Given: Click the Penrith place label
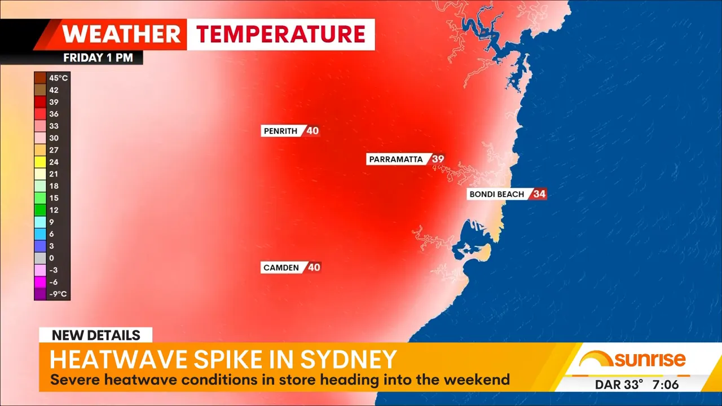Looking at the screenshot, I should click(280, 131).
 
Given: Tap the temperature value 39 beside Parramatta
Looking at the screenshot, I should click(438, 159).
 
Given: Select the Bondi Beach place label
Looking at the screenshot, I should click(497, 194).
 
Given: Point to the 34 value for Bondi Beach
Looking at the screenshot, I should click(539, 194).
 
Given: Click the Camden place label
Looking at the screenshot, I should click(281, 267).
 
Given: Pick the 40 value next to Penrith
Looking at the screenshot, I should click(312, 131).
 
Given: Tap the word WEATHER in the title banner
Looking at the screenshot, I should click(121, 34).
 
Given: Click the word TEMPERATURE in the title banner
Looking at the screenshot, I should click(280, 34).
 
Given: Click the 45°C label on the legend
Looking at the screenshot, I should click(58, 78).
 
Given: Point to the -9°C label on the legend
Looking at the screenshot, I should click(58, 294).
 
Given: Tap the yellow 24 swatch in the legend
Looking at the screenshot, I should click(40, 162).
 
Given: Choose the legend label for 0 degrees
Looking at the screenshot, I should click(51, 258).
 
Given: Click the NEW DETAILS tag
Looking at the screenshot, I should click(96, 335).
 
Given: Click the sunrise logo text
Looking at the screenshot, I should click(650, 359).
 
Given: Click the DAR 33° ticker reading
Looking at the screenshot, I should click(619, 385).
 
